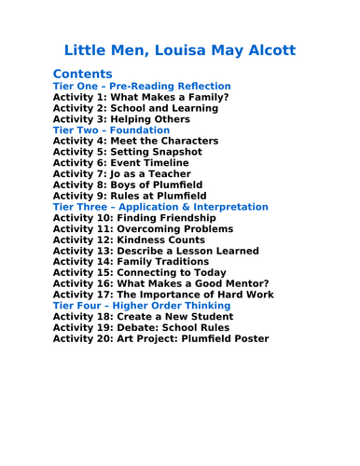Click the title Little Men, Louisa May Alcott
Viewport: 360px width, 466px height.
click(x=180, y=49)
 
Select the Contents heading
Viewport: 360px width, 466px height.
click(x=83, y=74)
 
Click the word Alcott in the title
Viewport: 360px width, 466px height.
click(x=270, y=49)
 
